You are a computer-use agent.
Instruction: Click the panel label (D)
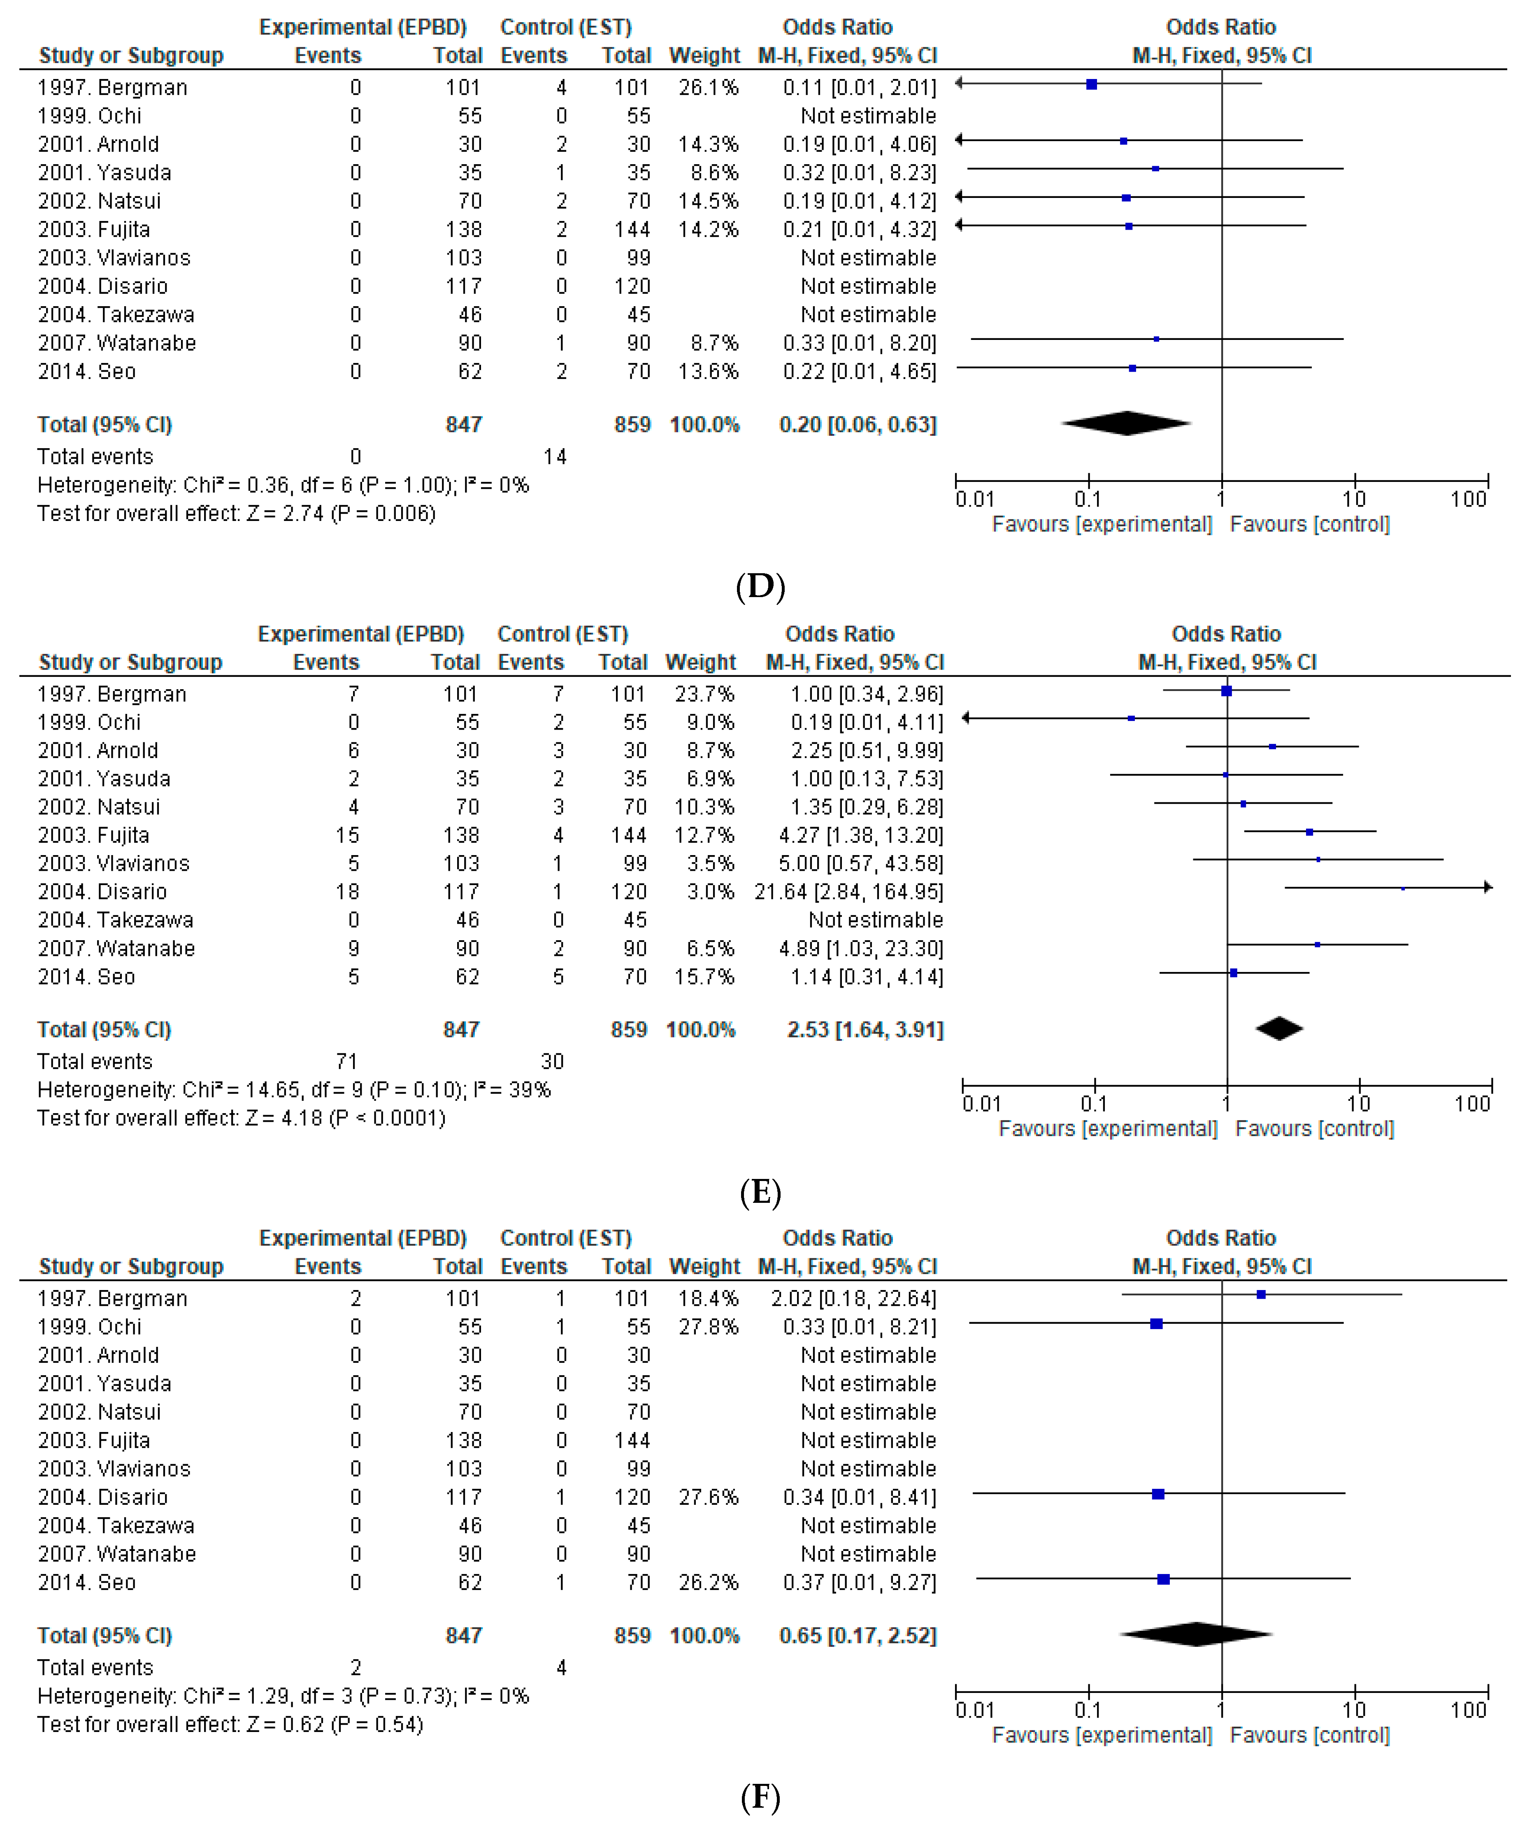coord(760,587)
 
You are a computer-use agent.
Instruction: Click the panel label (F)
coord(760,1796)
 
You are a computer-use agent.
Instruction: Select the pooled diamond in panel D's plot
coord(1126,423)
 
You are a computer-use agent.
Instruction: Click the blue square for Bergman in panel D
coord(1092,84)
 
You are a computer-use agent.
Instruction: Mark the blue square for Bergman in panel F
coord(1261,1295)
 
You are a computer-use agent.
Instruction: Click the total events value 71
coord(346,1061)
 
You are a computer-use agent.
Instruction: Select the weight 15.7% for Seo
coord(704,977)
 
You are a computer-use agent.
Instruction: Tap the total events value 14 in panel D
coord(554,456)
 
